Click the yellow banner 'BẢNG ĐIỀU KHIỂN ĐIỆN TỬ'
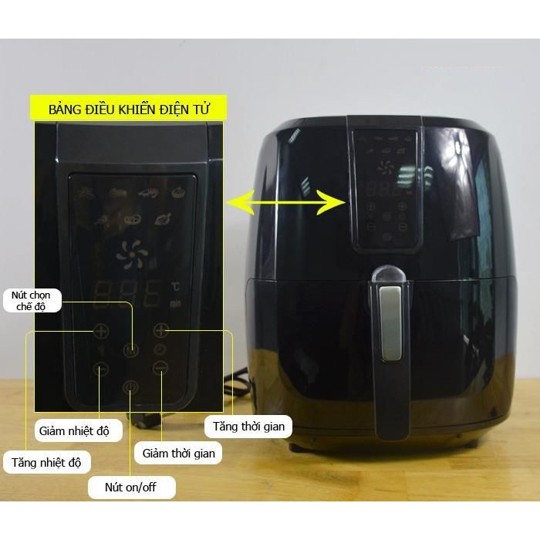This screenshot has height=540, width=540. click(x=128, y=109)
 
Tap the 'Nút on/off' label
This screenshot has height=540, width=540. click(x=140, y=487)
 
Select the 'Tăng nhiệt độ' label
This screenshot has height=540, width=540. click(x=47, y=463)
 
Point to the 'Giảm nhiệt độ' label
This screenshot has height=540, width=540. click(x=78, y=430)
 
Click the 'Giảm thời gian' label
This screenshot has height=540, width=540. click(x=178, y=453)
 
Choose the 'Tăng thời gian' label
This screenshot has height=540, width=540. click(x=248, y=426)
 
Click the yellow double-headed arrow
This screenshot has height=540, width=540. click(x=285, y=203)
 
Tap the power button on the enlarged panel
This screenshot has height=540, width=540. click(x=130, y=386)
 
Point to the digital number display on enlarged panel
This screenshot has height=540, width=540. click(x=128, y=294)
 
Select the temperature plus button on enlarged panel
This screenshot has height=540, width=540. click(x=101, y=332)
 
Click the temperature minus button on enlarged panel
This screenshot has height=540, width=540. click(x=100, y=369)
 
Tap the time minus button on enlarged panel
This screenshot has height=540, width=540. click(x=160, y=368)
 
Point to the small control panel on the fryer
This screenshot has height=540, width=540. click(x=386, y=185)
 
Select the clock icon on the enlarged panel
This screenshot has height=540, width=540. click(x=160, y=349)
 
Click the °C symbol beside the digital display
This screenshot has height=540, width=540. click(x=176, y=288)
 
